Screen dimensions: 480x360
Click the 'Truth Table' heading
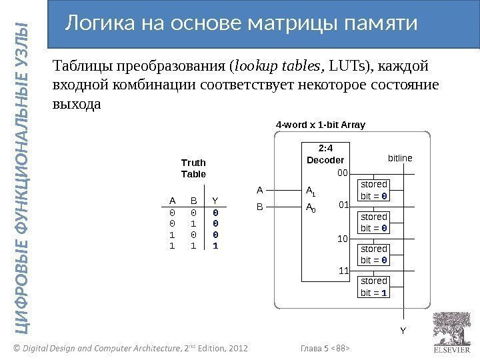click(194, 168)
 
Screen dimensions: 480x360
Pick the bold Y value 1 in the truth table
click(215, 245)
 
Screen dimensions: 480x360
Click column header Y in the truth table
click(215, 199)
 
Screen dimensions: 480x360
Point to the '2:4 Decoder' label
click(325, 155)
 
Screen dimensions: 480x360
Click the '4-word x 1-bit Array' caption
click(321, 125)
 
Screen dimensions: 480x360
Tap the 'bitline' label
click(400, 158)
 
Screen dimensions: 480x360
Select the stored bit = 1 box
click(374, 287)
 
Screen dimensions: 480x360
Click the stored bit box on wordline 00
click(374, 190)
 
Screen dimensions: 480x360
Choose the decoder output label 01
click(345, 205)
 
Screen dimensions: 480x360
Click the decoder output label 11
click(345, 271)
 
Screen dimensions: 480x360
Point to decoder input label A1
click(310, 192)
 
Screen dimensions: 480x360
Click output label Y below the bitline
click(403, 329)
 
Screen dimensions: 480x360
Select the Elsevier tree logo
click(452, 328)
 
